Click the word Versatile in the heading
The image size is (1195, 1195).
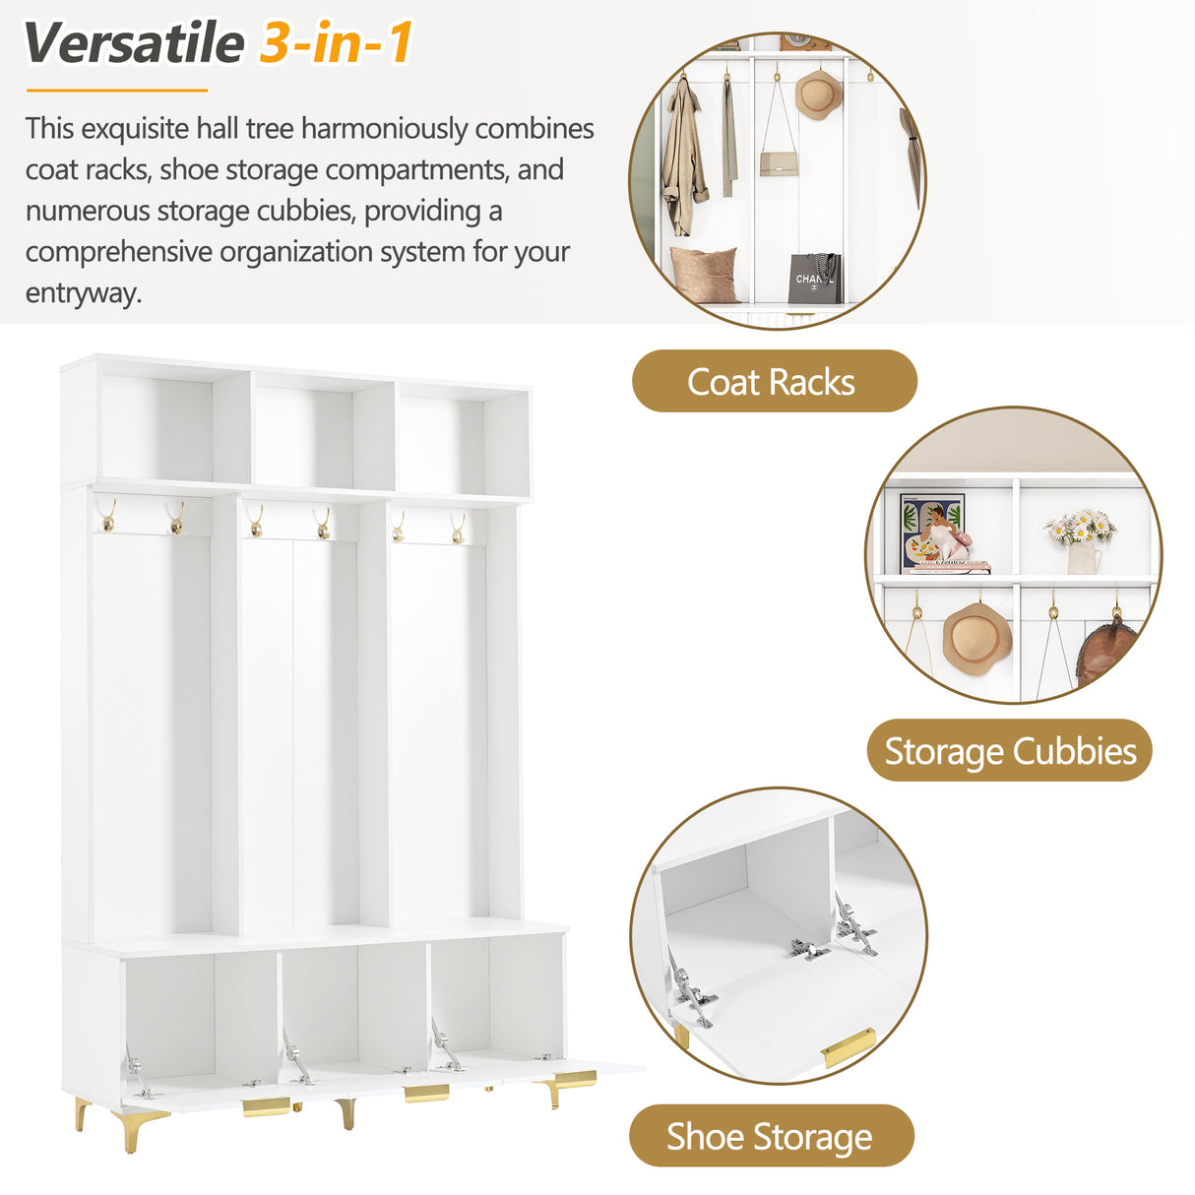click(133, 44)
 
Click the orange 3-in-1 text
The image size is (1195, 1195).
click(336, 44)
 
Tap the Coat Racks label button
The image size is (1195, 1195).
click(773, 382)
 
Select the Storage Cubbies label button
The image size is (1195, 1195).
click(1009, 752)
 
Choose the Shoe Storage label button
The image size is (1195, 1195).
click(771, 1137)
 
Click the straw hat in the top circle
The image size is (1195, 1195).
click(817, 94)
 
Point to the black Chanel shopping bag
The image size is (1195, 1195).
click(814, 279)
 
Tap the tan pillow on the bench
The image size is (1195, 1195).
click(703, 274)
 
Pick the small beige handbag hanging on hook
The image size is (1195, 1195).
click(777, 162)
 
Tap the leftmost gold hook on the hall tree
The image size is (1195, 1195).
click(108, 517)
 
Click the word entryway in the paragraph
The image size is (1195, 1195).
click(83, 293)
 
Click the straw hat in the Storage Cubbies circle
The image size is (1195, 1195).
click(976, 639)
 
